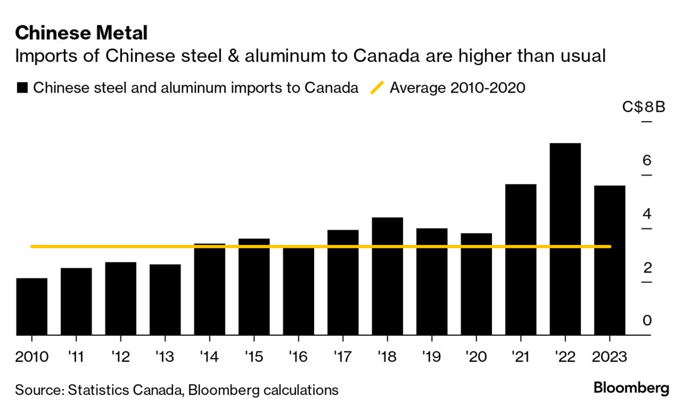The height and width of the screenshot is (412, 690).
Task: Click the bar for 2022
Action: tap(565, 239)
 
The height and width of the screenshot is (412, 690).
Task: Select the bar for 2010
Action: tap(32, 307)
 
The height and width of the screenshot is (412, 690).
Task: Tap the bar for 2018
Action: tap(387, 276)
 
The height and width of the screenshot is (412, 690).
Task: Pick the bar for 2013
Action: tap(165, 300)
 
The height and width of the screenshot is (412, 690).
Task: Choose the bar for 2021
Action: tap(520, 260)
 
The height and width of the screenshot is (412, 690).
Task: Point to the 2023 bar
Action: tap(609, 260)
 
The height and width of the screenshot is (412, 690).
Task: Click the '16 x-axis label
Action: tap(298, 356)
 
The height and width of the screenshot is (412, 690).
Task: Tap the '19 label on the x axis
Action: tap(431, 356)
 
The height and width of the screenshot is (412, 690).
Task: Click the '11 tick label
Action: tap(76, 356)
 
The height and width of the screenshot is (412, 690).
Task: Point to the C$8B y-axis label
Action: tap(644, 106)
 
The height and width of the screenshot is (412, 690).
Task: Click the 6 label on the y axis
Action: tap(647, 160)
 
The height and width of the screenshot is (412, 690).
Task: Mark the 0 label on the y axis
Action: tap(647, 321)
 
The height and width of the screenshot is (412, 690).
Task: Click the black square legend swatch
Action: tap(22, 88)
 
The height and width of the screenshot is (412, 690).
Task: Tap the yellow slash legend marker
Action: tap(377, 88)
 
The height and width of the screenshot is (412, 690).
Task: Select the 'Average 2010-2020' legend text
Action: tap(457, 88)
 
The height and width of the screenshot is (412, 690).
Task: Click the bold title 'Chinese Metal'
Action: tap(81, 33)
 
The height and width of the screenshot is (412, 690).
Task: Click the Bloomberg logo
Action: tap(631, 388)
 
